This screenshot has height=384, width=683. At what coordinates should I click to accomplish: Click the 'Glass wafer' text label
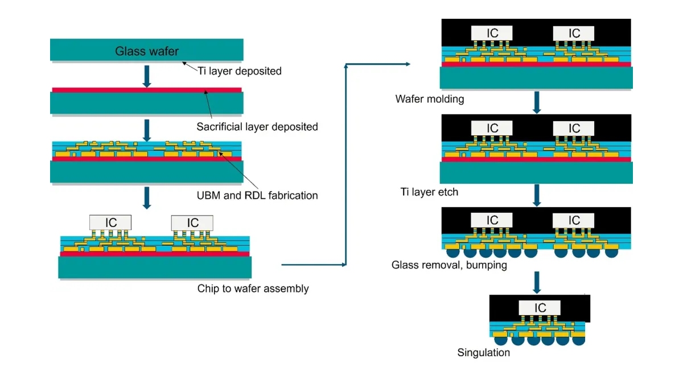[x=147, y=51]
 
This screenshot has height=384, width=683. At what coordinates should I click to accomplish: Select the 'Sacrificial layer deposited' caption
[x=257, y=126]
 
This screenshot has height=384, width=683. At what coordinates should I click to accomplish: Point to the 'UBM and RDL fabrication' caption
[x=257, y=195]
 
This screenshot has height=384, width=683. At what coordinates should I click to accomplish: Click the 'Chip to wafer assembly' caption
[x=253, y=288]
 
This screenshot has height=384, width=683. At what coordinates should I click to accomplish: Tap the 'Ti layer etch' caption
[x=429, y=192]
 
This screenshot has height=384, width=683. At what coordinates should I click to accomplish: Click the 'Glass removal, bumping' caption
[x=449, y=265]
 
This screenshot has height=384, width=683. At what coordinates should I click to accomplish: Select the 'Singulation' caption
[x=484, y=353]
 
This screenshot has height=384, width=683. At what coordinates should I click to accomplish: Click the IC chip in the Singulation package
[x=540, y=308]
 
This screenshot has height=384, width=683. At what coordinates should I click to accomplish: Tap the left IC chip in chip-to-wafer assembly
[x=111, y=222]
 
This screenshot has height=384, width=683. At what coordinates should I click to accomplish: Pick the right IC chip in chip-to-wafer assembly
[x=192, y=222]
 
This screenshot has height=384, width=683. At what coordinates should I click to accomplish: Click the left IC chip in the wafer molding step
[x=492, y=33]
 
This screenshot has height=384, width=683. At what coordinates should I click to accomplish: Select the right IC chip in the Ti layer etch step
[x=574, y=128]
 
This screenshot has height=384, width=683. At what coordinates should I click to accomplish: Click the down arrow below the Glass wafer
[x=147, y=76]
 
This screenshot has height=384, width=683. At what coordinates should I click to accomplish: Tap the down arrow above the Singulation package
[x=536, y=282]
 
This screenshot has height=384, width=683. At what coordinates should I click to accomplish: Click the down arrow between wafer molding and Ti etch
[x=536, y=102]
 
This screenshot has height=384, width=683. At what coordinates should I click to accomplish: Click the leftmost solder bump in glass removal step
[x=452, y=252]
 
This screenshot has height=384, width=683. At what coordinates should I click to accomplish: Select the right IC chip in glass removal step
[x=574, y=221]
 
